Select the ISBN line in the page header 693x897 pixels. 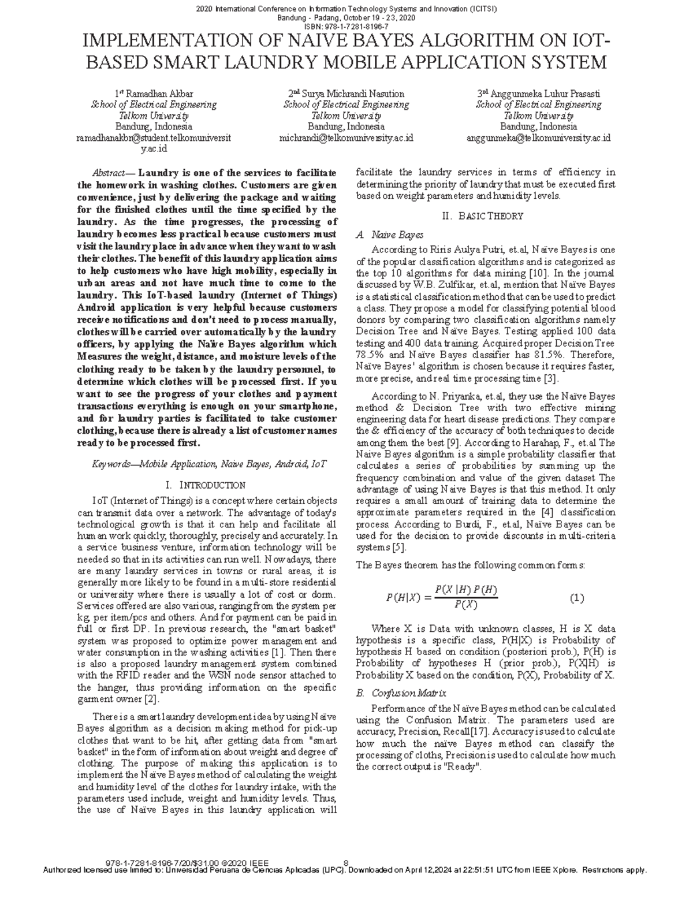point(346,27)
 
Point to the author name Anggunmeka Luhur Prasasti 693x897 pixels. point(544,94)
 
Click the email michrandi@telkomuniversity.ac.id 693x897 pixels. point(346,138)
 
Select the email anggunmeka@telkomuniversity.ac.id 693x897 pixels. point(538,138)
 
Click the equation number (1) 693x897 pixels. point(577,598)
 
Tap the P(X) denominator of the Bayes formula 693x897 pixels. point(465,605)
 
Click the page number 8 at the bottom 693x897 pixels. point(346,863)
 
